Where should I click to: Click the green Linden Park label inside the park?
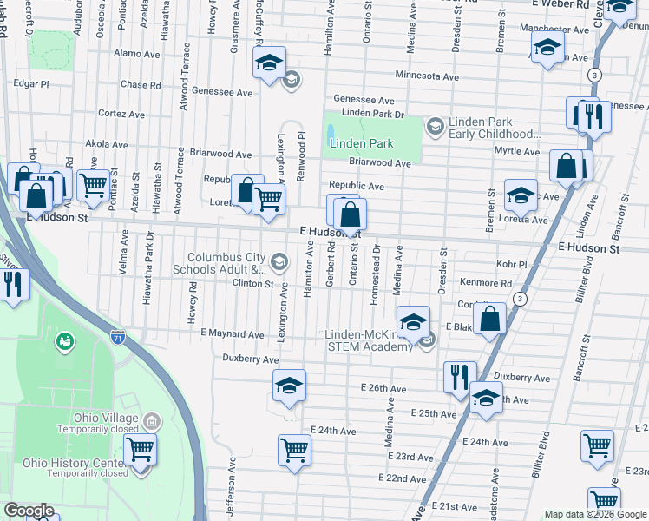pos(361,143)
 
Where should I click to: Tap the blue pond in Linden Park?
pos(331,134)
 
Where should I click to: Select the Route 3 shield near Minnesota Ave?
pos(593,76)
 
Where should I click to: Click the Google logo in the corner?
pos(29,511)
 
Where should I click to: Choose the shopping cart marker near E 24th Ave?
pos(294,451)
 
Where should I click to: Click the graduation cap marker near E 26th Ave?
pos(289,385)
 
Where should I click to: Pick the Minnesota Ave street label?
pos(427,76)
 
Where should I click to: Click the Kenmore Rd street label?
pos(486,282)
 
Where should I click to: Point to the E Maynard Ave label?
pos(232,333)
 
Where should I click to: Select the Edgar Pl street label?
pos(31,84)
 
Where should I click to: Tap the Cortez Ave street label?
pos(121,114)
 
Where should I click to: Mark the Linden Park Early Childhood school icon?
pos(435,128)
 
